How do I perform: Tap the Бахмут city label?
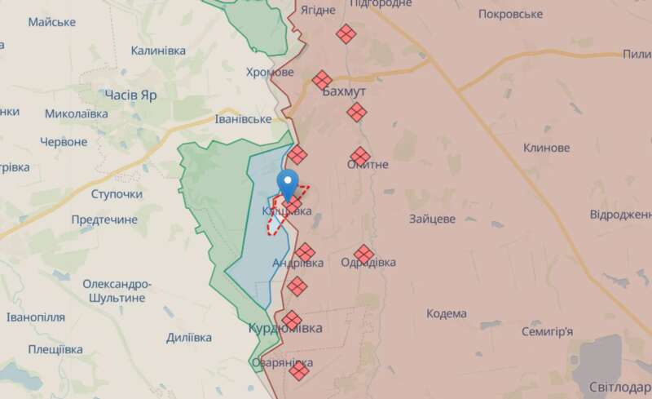344,91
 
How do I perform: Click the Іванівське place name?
243,119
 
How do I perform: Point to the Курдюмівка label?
284,328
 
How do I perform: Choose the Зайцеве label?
431,219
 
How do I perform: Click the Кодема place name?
447,313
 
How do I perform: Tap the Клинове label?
546,148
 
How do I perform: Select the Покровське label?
511,14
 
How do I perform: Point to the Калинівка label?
158,51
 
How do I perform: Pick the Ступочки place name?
117,194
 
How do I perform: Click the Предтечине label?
104,219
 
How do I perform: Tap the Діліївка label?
188,337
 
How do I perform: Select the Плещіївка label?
55,349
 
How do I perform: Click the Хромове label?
270,72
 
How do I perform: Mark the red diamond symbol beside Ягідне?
346,33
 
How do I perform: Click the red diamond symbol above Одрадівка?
364,255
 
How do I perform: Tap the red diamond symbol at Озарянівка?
299,371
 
